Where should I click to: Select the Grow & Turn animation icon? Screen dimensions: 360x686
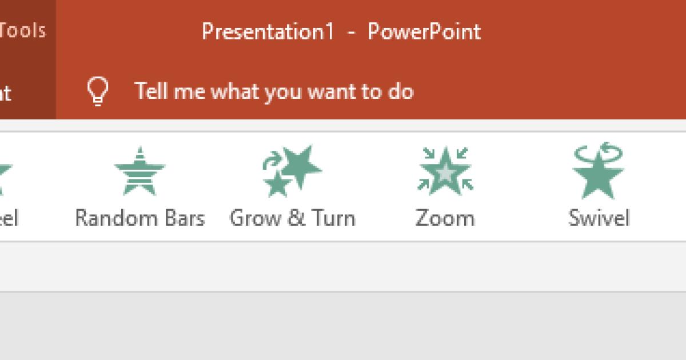click(x=292, y=170)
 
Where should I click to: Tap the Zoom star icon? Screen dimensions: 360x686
click(x=445, y=170)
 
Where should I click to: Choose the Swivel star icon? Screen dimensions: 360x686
click(x=598, y=171)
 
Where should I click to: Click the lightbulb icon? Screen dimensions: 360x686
click(x=98, y=91)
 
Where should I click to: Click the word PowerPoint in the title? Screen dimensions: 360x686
click(x=424, y=31)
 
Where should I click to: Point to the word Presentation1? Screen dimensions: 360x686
click(x=268, y=31)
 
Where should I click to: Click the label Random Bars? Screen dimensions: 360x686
click(x=139, y=218)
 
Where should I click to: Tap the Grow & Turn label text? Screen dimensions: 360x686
click(x=292, y=218)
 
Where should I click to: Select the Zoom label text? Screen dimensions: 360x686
click(x=445, y=218)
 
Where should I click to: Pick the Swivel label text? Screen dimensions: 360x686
click(x=599, y=218)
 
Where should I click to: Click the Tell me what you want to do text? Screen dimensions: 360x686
click(x=274, y=91)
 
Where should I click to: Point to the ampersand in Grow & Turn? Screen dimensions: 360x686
click(x=297, y=218)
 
